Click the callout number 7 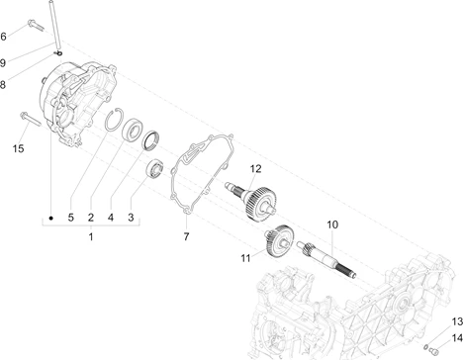(x=186, y=236)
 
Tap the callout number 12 (x=255, y=169)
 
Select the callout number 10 (x=332, y=225)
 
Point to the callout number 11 (x=245, y=258)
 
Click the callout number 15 (x=19, y=148)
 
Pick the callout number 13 (x=457, y=321)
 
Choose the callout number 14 (x=457, y=338)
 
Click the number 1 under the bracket (x=91, y=236)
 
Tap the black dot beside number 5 (x=50, y=218)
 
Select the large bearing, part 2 (x=133, y=129)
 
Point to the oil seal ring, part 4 (x=150, y=140)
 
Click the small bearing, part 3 (x=155, y=168)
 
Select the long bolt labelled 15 (x=30, y=119)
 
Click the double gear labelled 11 (x=279, y=241)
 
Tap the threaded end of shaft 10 (x=346, y=270)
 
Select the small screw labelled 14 (x=434, y=350)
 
